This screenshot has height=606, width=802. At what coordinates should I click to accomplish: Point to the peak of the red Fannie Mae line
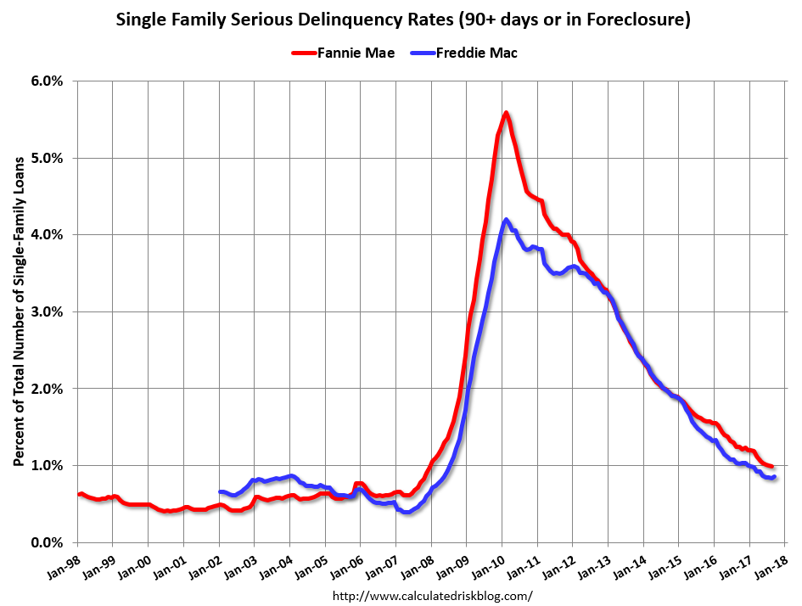click(x=506, y=112)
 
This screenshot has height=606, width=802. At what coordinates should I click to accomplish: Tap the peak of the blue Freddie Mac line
click(x=507, y=219)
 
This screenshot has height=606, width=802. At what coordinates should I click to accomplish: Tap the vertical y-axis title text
click(x=18, y=311)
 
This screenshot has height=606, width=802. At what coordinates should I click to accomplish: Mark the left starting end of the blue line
click(x=220, y=491)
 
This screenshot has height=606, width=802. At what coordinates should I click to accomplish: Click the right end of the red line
click(x=771, y=467)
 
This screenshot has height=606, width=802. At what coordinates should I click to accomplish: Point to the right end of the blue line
click(x=774, y=477)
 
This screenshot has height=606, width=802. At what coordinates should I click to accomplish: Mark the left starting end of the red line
click(x=78, y=494)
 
